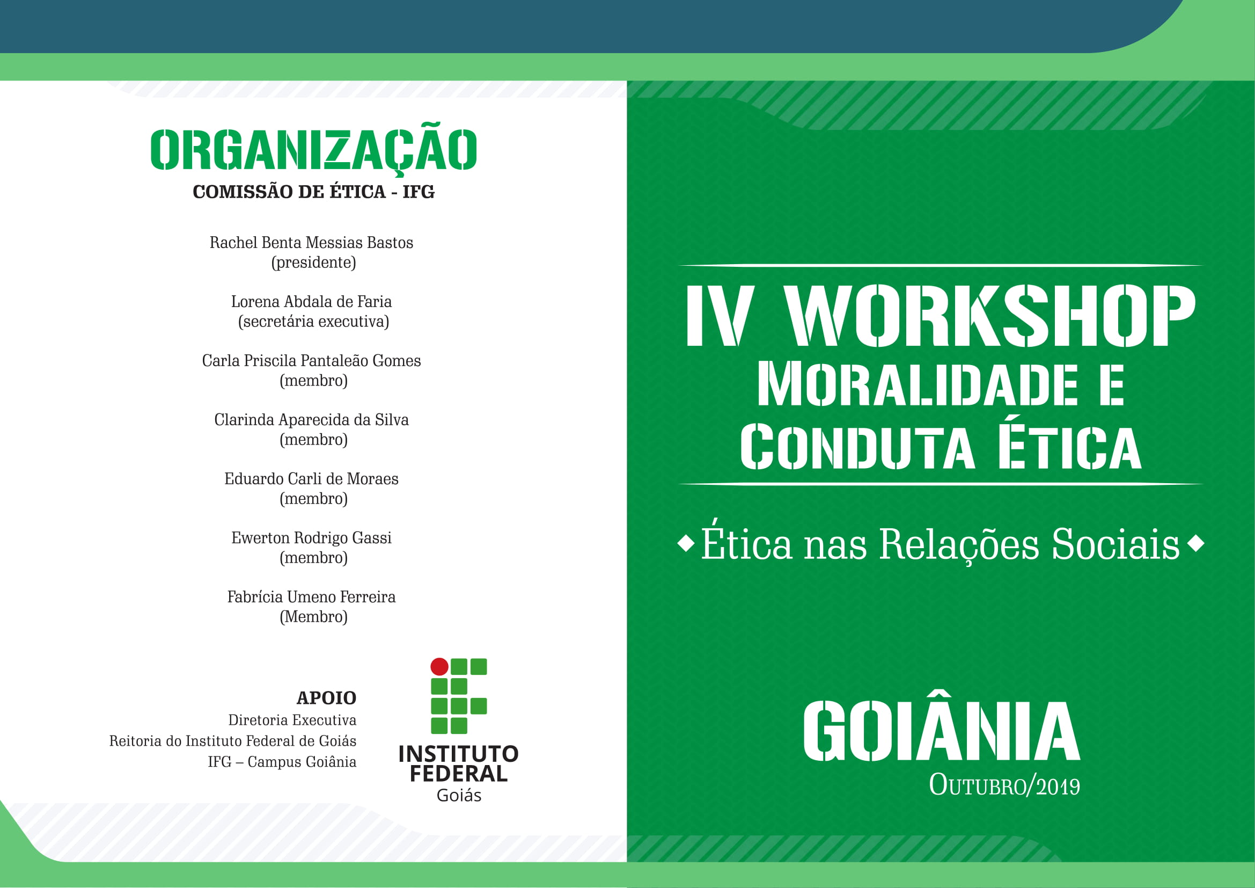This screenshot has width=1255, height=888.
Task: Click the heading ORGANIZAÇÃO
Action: tap(313, 149)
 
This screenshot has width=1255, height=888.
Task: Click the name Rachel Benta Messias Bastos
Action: tap(312, 242)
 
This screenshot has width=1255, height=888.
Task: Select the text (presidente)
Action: tap(314, 263)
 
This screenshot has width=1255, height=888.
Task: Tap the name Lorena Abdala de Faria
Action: tap(312, 301)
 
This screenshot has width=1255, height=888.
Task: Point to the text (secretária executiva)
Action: tap(314, 322)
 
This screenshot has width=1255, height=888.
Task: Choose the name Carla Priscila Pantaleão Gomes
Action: tap(312, 360)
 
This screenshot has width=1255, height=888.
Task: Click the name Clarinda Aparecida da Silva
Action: tap(312, 419)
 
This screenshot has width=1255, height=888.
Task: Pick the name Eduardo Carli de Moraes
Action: tap(312, 478)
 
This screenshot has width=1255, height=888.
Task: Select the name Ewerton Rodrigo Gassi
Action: tap(312, 537)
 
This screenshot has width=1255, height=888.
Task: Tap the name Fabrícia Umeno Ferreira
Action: tap(312, 596)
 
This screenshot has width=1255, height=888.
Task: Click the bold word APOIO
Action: tap(326, 698)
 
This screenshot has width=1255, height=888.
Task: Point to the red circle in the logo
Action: tap(439, 667)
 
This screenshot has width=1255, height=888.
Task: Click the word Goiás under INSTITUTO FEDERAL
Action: tap(459, 796)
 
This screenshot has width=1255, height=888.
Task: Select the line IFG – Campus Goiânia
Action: tap(282, 762)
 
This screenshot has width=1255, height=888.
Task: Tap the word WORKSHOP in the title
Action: tap(990, 316)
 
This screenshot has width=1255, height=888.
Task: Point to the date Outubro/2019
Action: tap(1004, 785)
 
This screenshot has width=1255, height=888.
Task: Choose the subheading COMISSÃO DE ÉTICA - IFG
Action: tap(314, 192)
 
